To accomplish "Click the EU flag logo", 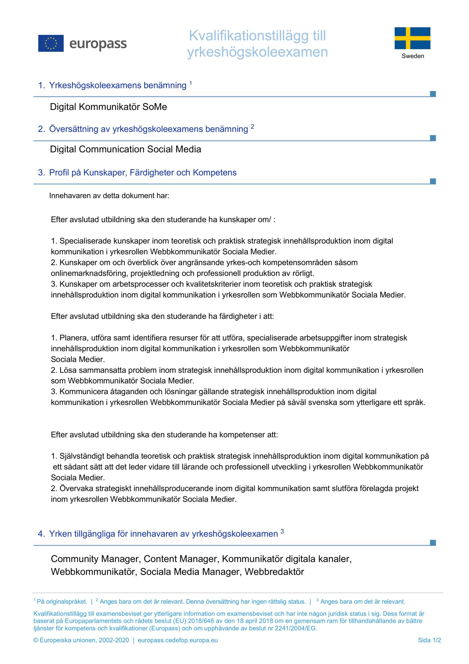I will click(x=51, y=43).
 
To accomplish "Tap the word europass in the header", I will click(x=98, y=44).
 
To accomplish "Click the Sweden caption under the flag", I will click(x=413, y=56).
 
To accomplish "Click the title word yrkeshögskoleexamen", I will click(x=257, y=52).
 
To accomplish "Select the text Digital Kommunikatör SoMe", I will click(x=108, y=107).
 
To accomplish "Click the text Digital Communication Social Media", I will click(x=125, y=149).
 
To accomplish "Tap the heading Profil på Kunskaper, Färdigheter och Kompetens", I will click(x=143, y=173).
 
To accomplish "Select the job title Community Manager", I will click(x=96, y=559).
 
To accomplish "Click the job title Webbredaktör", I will click(x=274, y=572).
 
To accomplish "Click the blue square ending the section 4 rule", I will click(x=433, y=543).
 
